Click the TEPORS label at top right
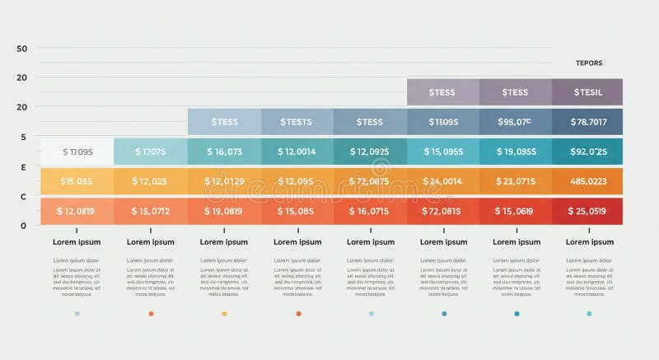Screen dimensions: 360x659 (x=588, y=63)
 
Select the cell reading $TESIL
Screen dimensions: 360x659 (x=588, y=92)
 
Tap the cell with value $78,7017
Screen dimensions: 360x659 (x=588, y=122)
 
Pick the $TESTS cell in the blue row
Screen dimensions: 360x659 (x=297, y=122)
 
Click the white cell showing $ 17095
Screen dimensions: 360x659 (x=77, y=152)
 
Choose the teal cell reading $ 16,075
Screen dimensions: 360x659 (x=223, y=152)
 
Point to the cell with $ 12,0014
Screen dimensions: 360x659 (x=297, y=152)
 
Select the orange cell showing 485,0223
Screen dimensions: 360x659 (x=588, y=181)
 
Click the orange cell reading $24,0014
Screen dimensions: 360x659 (x=442, y=181)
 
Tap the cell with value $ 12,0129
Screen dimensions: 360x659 (x=223, y=181)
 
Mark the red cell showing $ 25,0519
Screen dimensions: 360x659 (x=588, y=211)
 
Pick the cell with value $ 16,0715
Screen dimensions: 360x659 (x=369, y=211)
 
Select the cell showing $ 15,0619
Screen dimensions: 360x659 (x=515, y=211)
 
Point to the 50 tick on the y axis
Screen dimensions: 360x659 (x=22, y=49)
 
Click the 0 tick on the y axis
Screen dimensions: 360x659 (x=23, y=225)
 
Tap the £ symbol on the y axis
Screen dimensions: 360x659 (x=23, y=166)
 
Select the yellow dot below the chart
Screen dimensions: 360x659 (x=224, y=314)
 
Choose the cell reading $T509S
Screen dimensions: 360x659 (x=442, y=122)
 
